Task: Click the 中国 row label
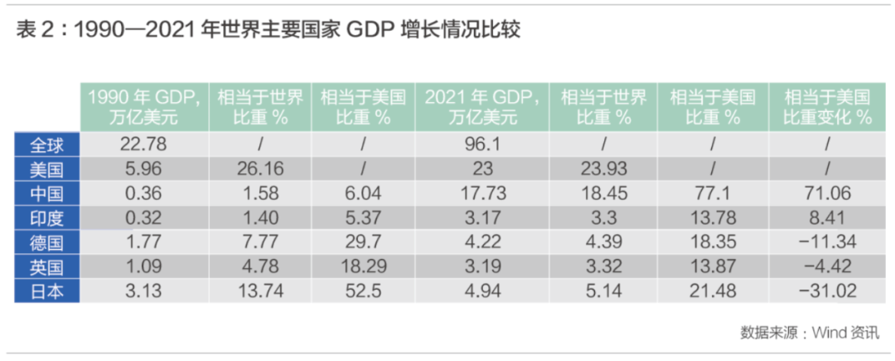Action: pos(47,193)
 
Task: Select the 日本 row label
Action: pos(47,290)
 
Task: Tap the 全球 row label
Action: pos(47,144)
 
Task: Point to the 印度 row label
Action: pos(47,217)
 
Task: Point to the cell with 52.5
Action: pos(363,290)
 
